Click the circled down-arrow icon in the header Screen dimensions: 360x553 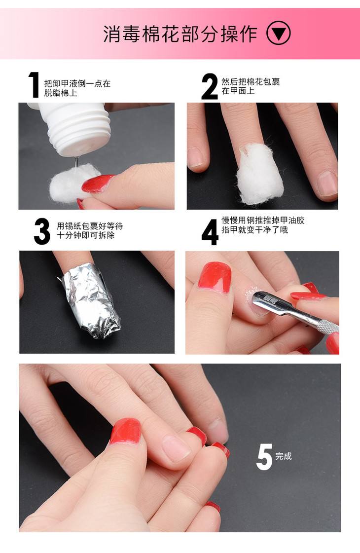[278, 34]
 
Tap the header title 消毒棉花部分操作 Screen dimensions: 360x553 [180, 34]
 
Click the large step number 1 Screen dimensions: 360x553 [34, 85]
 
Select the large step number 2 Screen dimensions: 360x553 [210, 86]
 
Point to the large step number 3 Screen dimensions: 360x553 [42, 231]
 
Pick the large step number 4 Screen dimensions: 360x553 [210, 232]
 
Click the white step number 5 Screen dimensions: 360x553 [264, 457]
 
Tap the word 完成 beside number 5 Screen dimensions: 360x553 [284, 456]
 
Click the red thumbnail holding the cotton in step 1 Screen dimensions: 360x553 [97, 183]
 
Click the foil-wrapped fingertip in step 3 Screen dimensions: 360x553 [91, 300]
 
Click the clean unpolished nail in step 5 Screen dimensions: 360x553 [175, 448]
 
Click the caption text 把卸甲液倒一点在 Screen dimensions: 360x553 [77, 83]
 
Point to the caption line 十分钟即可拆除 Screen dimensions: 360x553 [86, 235]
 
